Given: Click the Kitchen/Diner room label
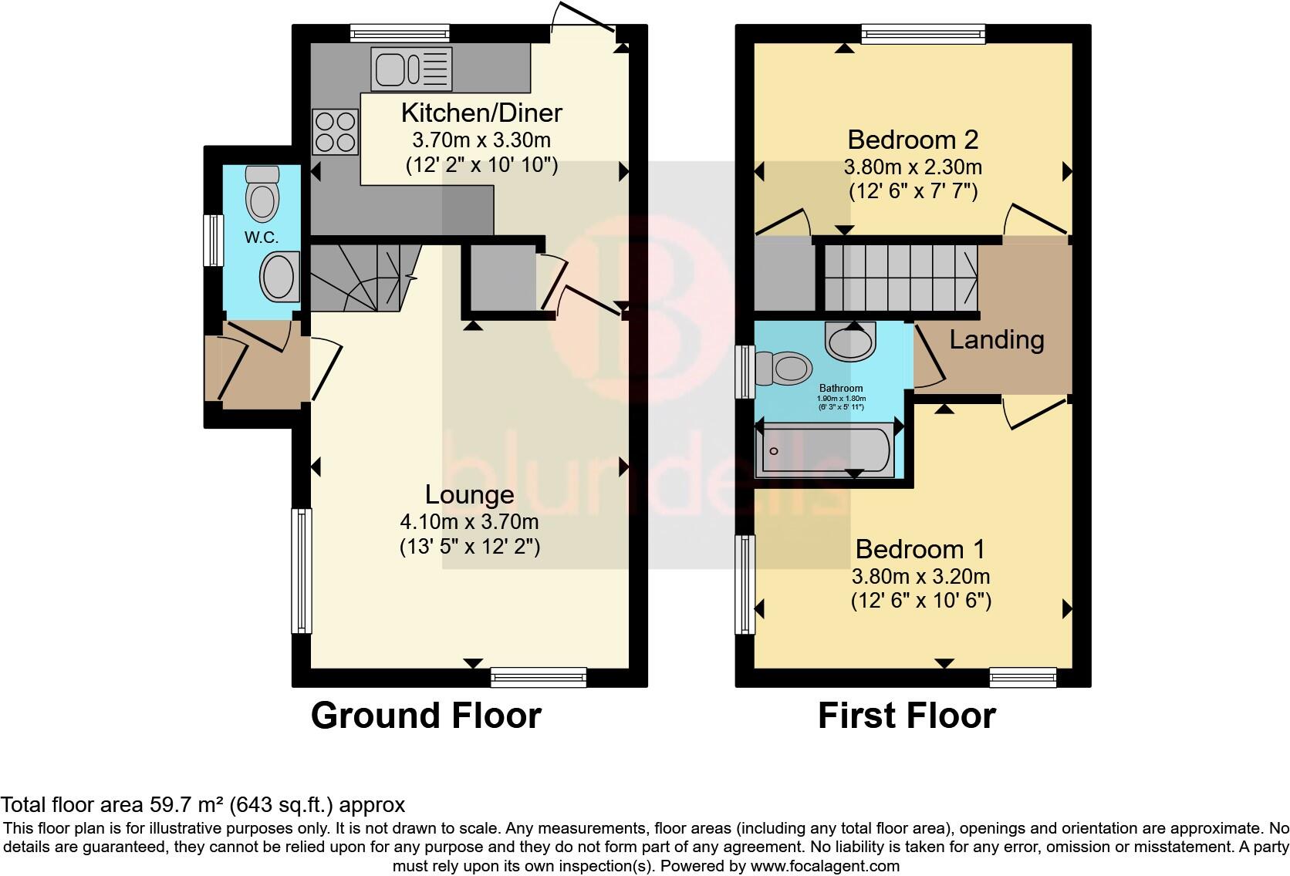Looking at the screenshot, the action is [x=481, y=113].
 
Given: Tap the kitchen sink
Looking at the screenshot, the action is [x=411, y=69].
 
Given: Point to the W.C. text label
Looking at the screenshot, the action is [x=262, y=238].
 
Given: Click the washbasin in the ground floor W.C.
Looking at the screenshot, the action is [x=279, y=277].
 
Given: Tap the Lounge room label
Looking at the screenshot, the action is [x=469, y=494].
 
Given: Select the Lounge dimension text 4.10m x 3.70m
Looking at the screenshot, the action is [x=469, y=522].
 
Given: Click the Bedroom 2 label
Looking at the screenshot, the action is [x=913, y=140].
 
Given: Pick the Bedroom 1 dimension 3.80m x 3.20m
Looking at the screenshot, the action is [x=920, y=576].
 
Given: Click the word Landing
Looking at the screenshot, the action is [x=996, y=339].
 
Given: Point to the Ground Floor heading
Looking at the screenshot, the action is [x=426, y=716].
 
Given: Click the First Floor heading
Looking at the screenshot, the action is [x=907, y=716].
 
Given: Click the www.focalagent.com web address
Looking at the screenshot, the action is [x=825, y=866].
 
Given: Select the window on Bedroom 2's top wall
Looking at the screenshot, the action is [x=923, y=34].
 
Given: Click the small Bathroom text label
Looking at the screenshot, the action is [x=841, y=389].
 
